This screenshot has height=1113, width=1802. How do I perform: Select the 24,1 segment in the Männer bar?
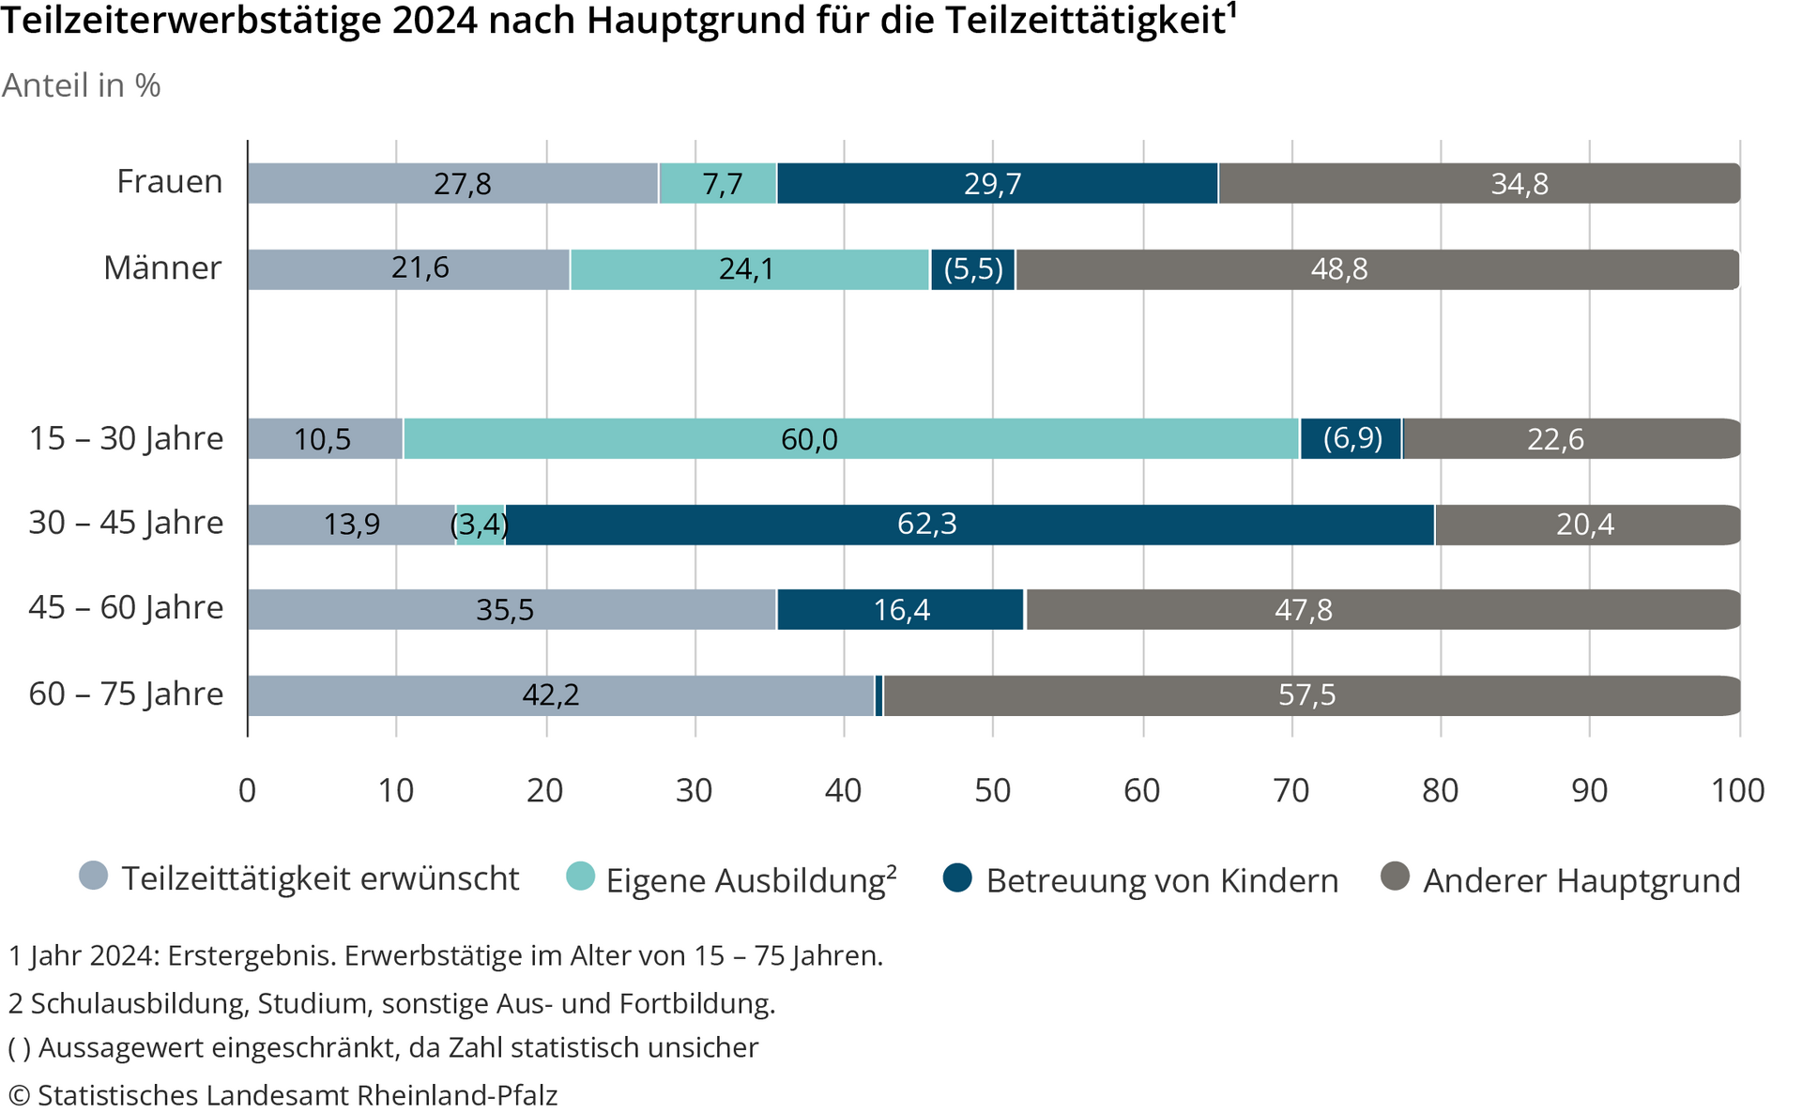pyautogui.click(x=749, y=269)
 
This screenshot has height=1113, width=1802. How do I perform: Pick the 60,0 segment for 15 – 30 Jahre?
pyautogui.click(x=850, y=438)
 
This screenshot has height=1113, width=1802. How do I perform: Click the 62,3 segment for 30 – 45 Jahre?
pyautogui.click(x=969, y=525)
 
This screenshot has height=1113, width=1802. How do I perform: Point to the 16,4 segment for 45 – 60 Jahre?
pyautogui.click(x=901, y=610)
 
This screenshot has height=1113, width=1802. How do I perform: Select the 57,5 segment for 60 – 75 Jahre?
pyautogui.click(x=1310, y=695)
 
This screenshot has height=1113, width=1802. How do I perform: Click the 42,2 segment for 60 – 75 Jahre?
pyautogui.click(x=560, y=695)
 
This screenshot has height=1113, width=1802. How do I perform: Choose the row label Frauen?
pyautogui.click(x=170, y=181)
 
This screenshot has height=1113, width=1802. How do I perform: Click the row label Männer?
pyautogui.click(x=162, y=267)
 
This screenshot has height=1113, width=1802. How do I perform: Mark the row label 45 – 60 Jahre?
pyautogui.click(x=126, y=608)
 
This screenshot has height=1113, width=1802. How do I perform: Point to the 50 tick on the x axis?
pyautogui.click(x=992, y=790)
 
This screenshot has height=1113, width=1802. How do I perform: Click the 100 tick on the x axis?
pyautogui.click(x=1738, y=790)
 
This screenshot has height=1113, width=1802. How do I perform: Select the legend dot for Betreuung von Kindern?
pyautogui.click(x=957, y=878)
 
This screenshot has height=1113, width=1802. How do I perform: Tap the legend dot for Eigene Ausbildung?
pyautogui.click(x=581, y=876)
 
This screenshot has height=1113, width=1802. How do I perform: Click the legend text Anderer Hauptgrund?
pyautogui.click(x=1581, y=880)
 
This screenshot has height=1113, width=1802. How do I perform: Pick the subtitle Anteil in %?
pyautogui.click(x=82, y=85)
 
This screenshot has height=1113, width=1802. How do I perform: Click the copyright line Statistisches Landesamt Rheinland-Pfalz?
pyautogui.click(x=283, y=1095)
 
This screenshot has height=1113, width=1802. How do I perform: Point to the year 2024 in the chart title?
pyautogui.click(x=435, y=21)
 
